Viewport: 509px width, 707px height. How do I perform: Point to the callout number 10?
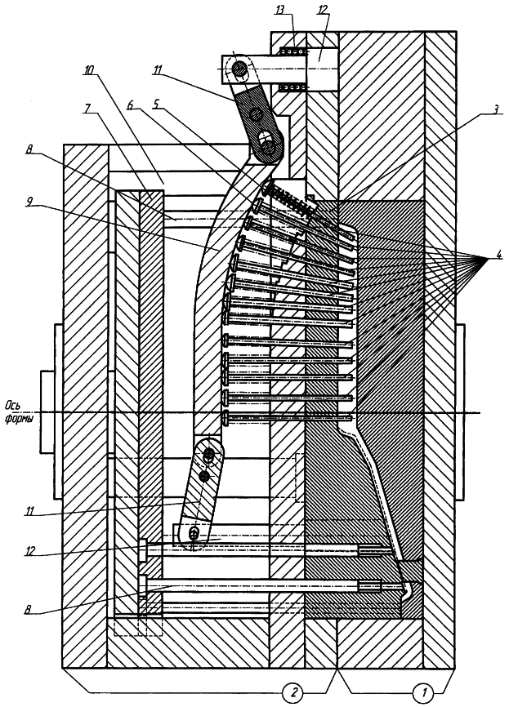click(88, 70)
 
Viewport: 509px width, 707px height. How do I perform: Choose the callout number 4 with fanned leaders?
click(494, 259)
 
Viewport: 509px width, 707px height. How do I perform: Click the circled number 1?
click(422, 693)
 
